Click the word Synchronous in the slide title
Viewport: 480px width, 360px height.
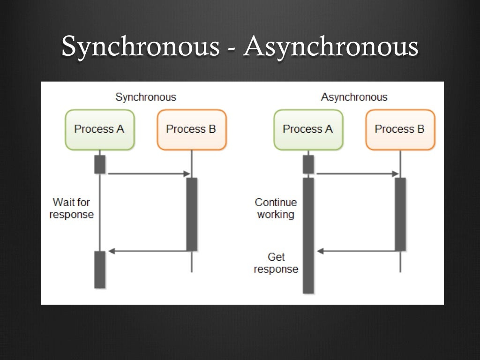[140, 47]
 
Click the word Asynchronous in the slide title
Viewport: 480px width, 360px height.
[330, 47]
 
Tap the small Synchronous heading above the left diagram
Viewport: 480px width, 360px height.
[146, 97]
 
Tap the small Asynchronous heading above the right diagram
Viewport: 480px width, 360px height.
[354, 97]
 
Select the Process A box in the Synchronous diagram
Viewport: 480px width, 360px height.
[99, 129]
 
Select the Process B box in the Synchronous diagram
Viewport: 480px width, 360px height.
[191, 129]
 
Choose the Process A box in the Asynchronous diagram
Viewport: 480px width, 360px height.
[308, 129]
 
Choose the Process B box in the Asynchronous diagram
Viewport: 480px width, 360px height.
[400, 129]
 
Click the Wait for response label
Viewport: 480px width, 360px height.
[71, 209]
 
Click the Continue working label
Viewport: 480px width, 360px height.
[276, 209]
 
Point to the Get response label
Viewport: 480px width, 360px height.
[276, 263]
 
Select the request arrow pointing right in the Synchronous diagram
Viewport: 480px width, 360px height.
[148, 174]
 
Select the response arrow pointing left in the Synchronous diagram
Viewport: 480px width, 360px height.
[148, 251]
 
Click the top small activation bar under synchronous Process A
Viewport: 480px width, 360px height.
[100, 164]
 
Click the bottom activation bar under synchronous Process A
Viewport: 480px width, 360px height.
[100, 270]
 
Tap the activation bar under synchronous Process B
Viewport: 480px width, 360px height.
[192, 214]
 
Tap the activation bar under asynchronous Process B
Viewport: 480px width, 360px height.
[400, 214]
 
